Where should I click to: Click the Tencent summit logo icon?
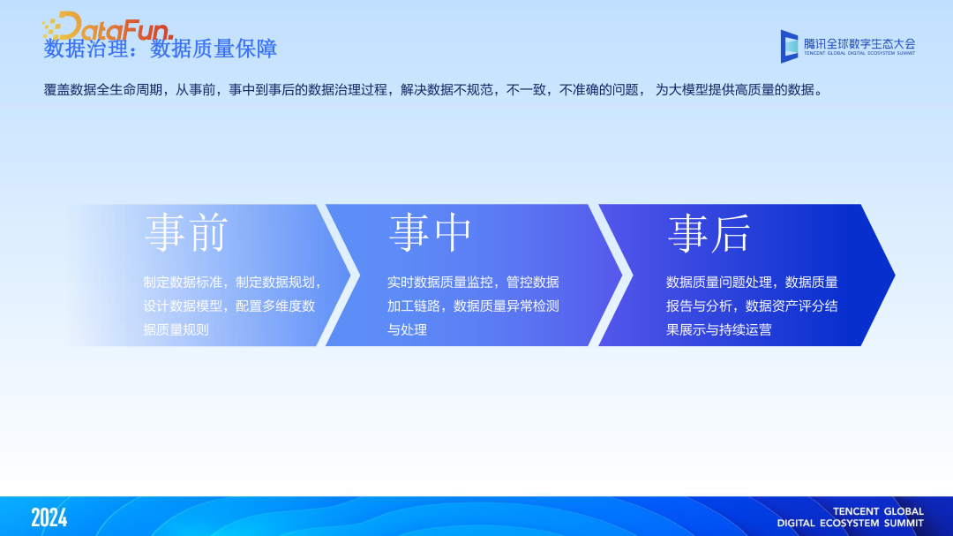789,46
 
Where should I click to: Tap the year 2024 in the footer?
49,517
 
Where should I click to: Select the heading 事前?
186,234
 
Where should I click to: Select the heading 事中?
431,234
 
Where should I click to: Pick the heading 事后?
709,234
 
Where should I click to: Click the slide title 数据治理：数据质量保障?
161,49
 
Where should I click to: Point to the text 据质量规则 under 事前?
176,329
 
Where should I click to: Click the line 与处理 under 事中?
407,329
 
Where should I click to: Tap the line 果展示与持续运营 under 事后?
719,329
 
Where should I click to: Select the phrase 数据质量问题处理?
718,283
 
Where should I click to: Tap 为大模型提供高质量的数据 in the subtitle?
736,90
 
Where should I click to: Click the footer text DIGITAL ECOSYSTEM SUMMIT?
850,523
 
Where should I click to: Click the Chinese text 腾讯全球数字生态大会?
859,42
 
